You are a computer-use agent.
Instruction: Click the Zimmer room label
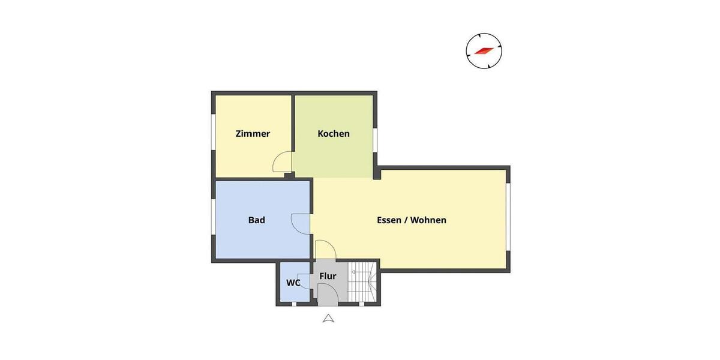253,134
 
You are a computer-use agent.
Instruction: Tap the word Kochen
334,134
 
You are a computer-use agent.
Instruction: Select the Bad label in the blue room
257,220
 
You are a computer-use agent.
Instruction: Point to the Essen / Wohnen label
412,220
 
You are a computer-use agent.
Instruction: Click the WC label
293,283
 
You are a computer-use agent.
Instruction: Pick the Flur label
328,276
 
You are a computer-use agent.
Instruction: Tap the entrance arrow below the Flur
328,319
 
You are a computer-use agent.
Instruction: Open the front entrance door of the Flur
328,295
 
